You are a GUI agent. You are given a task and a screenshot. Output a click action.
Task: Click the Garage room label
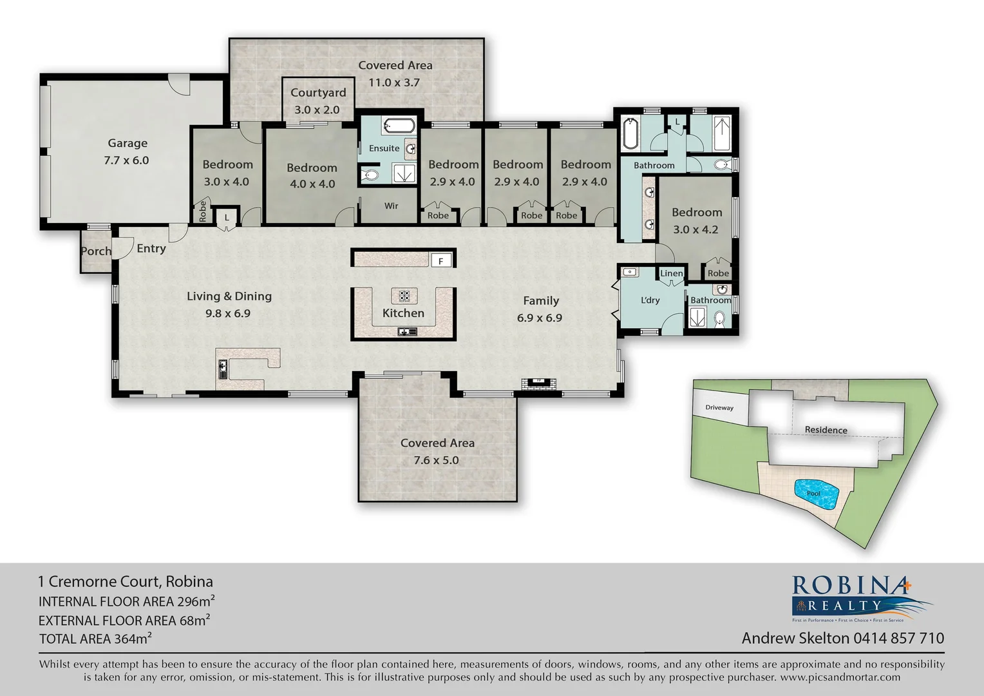[128, 143]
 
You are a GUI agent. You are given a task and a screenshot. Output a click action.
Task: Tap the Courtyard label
[318, 93]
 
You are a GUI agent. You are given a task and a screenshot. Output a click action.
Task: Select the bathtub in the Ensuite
[392, 125]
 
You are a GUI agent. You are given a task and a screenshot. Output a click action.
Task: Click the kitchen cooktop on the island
[404, 296]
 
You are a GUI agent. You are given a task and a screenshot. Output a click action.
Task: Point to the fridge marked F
[441, 261]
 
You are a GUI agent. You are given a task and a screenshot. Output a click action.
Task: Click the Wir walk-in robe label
[391, 206]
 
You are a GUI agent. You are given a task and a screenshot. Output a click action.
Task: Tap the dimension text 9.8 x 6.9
[228, 314]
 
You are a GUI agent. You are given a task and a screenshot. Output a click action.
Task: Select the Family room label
[540, 301]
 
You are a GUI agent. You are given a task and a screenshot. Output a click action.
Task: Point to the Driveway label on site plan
[719, 408]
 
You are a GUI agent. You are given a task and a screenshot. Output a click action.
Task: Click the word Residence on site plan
[826, 430]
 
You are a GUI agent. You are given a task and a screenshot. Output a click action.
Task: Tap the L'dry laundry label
[650, 300]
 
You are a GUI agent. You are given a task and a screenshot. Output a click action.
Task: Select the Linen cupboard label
[671, 273]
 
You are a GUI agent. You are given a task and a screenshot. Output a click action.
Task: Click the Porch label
[96, 251]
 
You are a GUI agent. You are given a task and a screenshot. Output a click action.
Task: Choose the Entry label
[151, 249]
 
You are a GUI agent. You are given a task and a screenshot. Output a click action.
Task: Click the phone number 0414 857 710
[898, 638]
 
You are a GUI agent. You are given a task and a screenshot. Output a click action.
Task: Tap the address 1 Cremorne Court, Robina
[126, 581]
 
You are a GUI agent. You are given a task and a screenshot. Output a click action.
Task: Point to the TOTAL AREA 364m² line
[95, 639]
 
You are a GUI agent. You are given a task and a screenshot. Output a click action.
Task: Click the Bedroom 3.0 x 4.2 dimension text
[695, 229]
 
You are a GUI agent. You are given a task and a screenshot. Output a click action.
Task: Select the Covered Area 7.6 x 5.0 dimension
[437, 460]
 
